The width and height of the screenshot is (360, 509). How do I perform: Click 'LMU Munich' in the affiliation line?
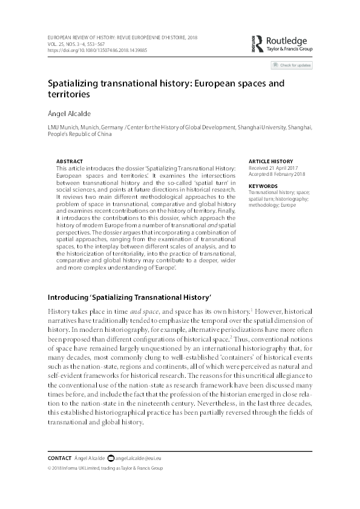point(62,129)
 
